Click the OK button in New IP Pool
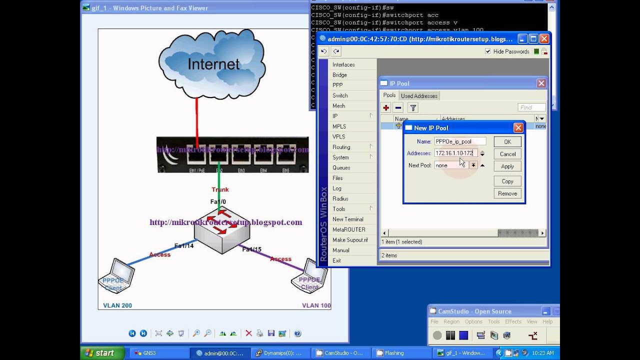point(507,142)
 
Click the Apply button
point(507,166)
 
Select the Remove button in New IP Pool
point(507,193)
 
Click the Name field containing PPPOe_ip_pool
point(459,141)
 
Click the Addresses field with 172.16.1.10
point(455,153)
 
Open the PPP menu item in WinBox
point(337,85)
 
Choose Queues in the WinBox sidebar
point(341,167)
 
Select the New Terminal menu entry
point(347,219)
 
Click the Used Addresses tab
point(419,96)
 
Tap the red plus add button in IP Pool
point(386,107)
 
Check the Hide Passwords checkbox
point(488,51)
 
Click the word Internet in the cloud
point(213,64)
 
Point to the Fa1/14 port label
point(183,245)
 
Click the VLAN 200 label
point(117,305)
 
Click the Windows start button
point(99,353)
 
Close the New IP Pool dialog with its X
point(518,128)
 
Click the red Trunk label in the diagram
point(220,189)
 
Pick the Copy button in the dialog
point(507,181)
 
